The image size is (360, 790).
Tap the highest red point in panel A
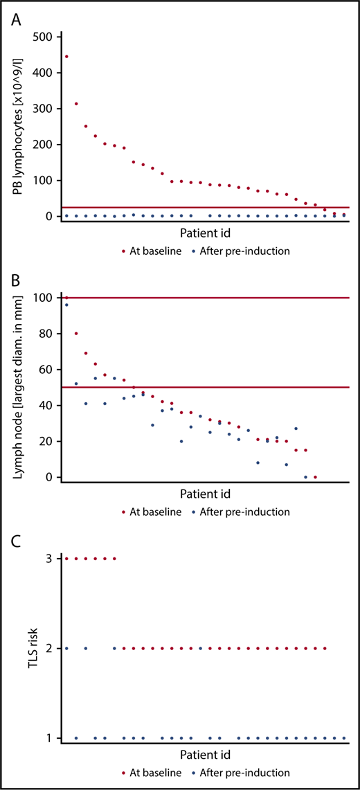tap(66, 56)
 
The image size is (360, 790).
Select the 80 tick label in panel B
tap(46, 334)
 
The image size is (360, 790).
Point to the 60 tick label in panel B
tap(46, 370)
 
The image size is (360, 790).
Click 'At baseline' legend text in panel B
tap(156, 512)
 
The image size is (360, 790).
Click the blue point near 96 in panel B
tap(66, 305)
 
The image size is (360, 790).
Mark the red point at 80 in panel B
tap(76, 334)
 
